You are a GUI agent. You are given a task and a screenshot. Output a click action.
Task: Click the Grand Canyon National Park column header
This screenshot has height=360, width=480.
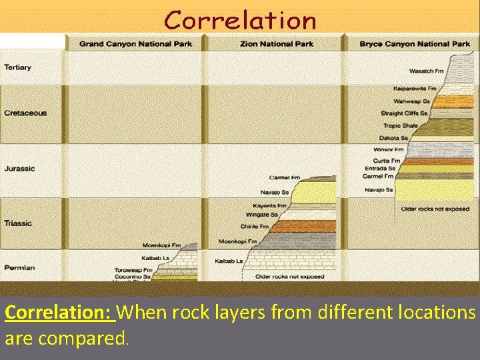point(135,44)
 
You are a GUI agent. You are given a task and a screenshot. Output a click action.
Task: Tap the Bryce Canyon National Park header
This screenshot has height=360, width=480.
point(415,44)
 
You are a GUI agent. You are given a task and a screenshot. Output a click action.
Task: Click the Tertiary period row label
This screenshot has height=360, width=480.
point(17,67)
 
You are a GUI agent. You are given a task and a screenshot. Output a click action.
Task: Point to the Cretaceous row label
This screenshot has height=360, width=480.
point(25,113)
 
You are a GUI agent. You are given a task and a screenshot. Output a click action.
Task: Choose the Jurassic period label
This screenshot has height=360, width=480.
point(19,169)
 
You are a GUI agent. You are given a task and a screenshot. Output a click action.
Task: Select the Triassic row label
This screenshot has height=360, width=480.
point(19,223)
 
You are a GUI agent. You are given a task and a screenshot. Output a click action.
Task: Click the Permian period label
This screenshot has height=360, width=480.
point(19,267)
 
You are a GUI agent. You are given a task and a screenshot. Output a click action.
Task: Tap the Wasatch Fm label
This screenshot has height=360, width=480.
point(426,71)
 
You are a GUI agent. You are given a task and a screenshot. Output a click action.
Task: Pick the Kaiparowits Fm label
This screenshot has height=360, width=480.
point(415,88)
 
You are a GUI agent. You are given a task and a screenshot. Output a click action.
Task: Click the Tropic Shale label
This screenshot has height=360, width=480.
point(400,125)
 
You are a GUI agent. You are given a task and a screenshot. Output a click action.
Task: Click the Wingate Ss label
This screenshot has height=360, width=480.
point(261,215)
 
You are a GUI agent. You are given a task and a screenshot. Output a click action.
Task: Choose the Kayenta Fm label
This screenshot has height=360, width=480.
point(269,205)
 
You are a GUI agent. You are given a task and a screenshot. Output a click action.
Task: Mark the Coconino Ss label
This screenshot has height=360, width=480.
point(133,277)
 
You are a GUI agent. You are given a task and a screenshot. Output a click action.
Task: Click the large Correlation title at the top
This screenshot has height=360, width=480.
point(240,20)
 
